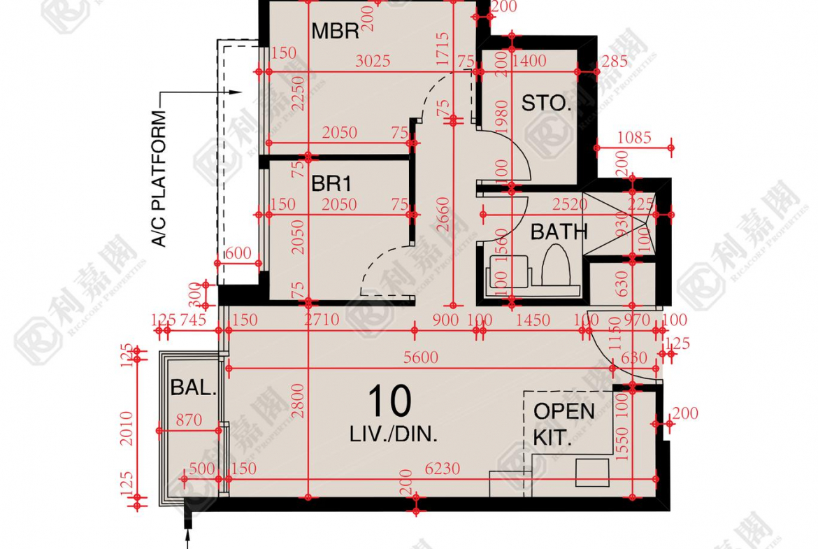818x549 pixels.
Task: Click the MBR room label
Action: point(335,31)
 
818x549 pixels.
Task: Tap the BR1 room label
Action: point(331,185)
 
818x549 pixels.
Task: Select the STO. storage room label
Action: point(546,104)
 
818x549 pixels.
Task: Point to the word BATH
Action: point(559,231)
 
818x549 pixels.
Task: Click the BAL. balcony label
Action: point(193,388)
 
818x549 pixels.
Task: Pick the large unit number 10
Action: point(389,402)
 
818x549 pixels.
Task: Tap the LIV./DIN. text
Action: point(394,434)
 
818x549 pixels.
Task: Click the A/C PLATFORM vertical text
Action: point(159,178)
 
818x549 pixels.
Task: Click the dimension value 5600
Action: point(420,358)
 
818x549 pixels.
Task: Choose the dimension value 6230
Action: point(442,469)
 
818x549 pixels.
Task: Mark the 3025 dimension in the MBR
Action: point(372,62)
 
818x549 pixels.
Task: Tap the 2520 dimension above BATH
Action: point(570,205)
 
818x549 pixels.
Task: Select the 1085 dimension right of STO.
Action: point(633,138)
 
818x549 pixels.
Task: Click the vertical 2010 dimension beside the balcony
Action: point(127,427)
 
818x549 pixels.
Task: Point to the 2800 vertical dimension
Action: point(298,400)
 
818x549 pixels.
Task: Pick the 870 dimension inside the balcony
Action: point(189,420)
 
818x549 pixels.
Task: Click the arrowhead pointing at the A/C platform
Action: point(236,92)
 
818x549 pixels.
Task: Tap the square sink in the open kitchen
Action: point(591,473)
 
